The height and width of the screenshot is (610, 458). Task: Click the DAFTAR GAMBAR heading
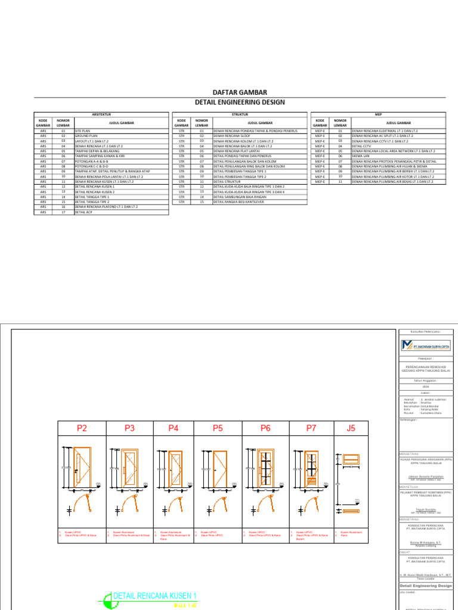240,92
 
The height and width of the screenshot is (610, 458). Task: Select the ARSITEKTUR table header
101,114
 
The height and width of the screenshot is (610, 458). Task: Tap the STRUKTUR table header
240,114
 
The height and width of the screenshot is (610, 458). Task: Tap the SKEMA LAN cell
361,156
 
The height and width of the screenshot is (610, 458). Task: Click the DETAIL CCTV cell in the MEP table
361,146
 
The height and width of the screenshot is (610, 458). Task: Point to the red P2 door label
82,428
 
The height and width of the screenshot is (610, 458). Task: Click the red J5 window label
351,428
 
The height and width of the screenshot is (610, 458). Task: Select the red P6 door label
265,428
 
